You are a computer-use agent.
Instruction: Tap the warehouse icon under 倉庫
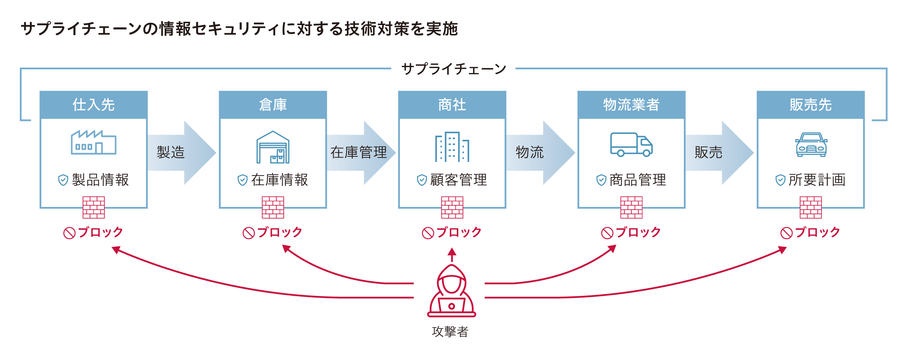click(x=273, y=147)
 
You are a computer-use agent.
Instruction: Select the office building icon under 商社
click(x=452, y=147)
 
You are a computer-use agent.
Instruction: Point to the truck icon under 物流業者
click(x=631, y=145)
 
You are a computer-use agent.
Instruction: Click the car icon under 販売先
click(x=811, y=145)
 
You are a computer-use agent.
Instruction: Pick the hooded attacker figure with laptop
click(x=451, y=291)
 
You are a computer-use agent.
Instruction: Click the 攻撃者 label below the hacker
click(x=450, y=332)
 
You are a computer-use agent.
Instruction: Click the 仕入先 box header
click(x=94, y=105)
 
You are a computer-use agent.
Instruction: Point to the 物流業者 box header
click(x=631, y=105)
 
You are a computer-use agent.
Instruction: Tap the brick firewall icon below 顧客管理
click(x=452, y=207)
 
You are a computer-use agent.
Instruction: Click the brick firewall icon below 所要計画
click(x=811, y=207)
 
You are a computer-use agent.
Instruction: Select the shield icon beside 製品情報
click(x=63, y=180)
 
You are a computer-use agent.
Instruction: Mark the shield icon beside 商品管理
click(x=601, y=180)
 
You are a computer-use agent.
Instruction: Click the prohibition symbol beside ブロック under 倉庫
click(x=248, y=233)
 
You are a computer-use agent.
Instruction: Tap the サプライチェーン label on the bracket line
click(x=453, y=69)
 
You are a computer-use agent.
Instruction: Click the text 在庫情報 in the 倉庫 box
click(x=279, y=180)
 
